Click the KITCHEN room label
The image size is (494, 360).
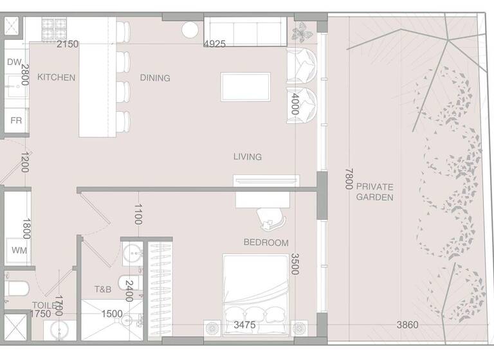click(x=56, y=78)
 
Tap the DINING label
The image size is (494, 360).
click(x=155, y=78)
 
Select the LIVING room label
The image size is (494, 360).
click(x=248, y=157)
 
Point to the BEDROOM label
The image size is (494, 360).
click(x=266, y=242)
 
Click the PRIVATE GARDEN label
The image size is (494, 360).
click(x=375, y=192)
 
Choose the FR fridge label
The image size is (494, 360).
click(x=16, y=120)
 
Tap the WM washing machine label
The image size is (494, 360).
click(x=19, y=250)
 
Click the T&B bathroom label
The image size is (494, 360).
click(x=103, y=290)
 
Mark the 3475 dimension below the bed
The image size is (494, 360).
click(x=245, y=325)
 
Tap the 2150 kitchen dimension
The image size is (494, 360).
click(x=68, y=44)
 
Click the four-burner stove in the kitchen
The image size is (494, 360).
click(x=55, y=28)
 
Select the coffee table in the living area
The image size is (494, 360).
click(x=245, y=87)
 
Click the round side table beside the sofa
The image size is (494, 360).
click(x=190, y=30)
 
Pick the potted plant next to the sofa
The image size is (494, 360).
click(x=300, y=32)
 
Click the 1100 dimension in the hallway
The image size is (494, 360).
click(x=138, y=213)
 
